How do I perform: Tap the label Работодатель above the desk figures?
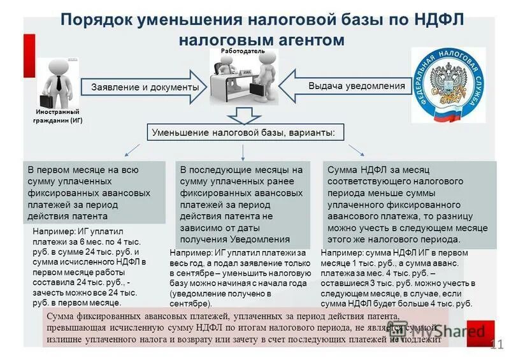click(243, 50)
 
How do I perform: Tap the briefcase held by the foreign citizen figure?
click(47, 100)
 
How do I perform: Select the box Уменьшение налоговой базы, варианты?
click(247, 133)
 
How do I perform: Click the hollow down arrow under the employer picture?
click(243, 115)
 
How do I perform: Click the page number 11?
click(497, 345)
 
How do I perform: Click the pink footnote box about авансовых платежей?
click(245, 328)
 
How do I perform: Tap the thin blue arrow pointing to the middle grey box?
click(243, 151)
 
